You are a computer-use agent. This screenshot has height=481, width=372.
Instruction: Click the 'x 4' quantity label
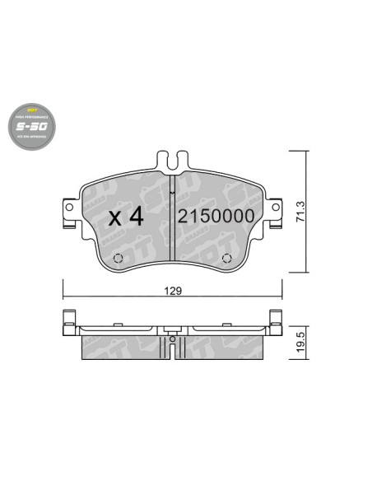pos(126,217)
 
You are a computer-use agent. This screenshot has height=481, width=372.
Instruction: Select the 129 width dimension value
pos(171,290)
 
